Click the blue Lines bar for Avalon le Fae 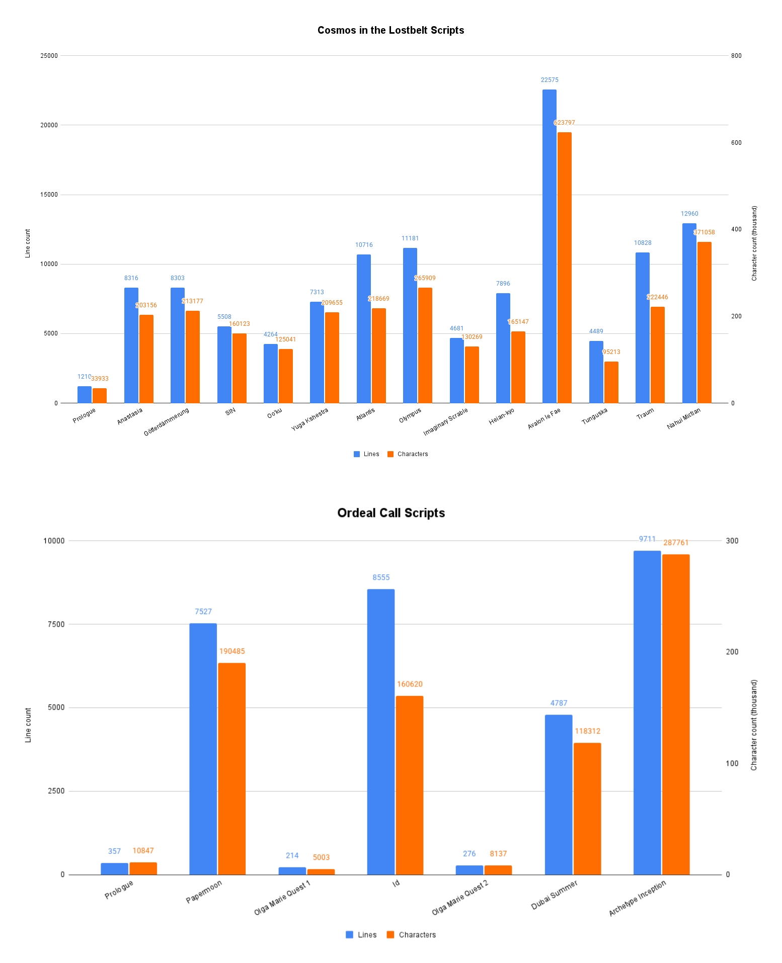tap(549, 246)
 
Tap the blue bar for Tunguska tap(596, 372)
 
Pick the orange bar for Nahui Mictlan tap(704, 322)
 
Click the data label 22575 tap(550, 80)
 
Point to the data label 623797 tap(564, 123)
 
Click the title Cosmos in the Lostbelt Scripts tap(390, 30)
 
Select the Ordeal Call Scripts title tap(391, 513)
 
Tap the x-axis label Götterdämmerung tap(167, 421)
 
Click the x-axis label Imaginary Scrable tap(445, 421)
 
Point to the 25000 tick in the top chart tap(49, 56)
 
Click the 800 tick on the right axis tap(736, 56)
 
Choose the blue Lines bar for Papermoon tap(203, 749)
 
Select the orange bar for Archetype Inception tap(675, 715)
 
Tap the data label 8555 tap(381, 578)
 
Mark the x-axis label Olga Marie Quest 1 tap(282, 898)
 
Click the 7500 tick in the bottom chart tap(56, 624)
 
